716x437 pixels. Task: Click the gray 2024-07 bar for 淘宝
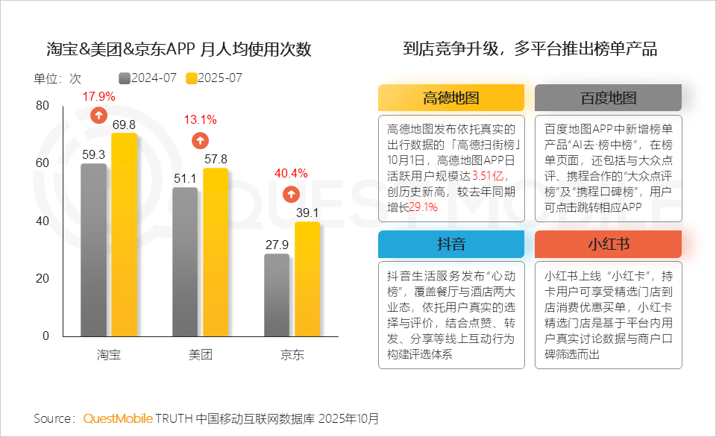[x=93, y=250]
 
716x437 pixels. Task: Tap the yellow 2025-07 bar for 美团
[x=215, y=252]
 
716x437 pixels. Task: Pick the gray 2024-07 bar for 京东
[x=276, y=295]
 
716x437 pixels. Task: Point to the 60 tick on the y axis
[x=42, y=163]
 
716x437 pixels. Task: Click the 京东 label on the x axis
[x=292, y=354]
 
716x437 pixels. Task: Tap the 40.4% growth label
[x=291, y=174]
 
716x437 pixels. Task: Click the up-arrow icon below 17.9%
[x=98, y=115]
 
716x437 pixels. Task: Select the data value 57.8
[x=215, y=159]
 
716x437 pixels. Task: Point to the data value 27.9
[x=276, y=245]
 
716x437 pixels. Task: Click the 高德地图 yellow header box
[x=450, y=98]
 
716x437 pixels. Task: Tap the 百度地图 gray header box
[x=608, y=98]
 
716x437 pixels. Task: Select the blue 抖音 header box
[x=450, y=244]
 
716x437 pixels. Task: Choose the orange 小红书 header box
[x=608, y=244]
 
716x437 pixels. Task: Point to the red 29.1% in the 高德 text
[x=424, y=207]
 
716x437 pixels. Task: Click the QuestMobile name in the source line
[x=118, y=418]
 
